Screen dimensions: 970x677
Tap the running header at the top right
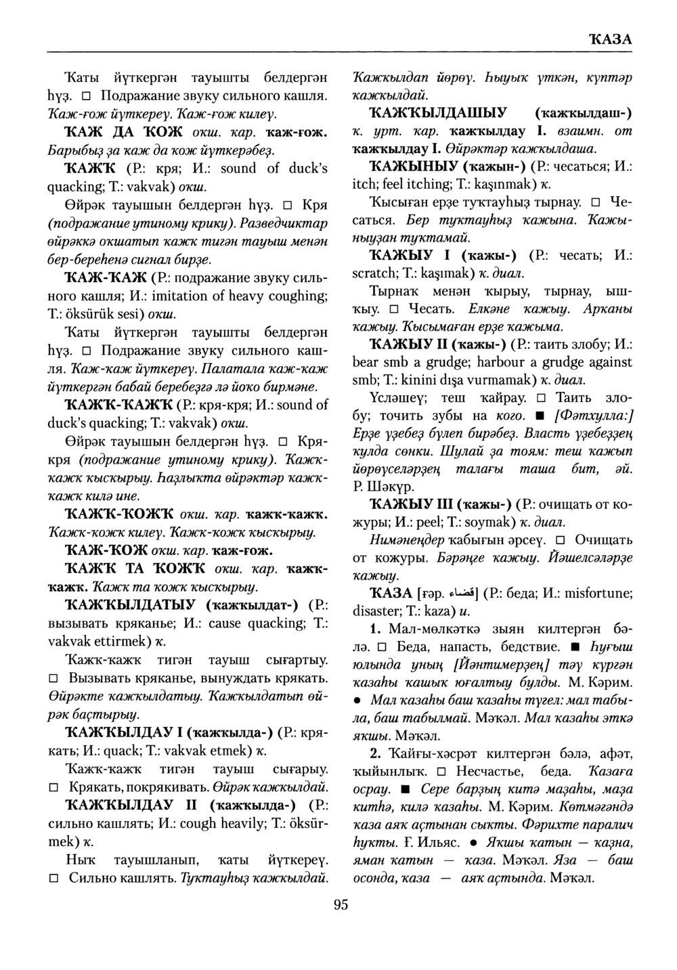(x=611, y=39)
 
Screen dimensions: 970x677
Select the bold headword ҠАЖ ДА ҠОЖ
(x=119, y=132)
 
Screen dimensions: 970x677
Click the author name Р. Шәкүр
(x=381, y=487)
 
